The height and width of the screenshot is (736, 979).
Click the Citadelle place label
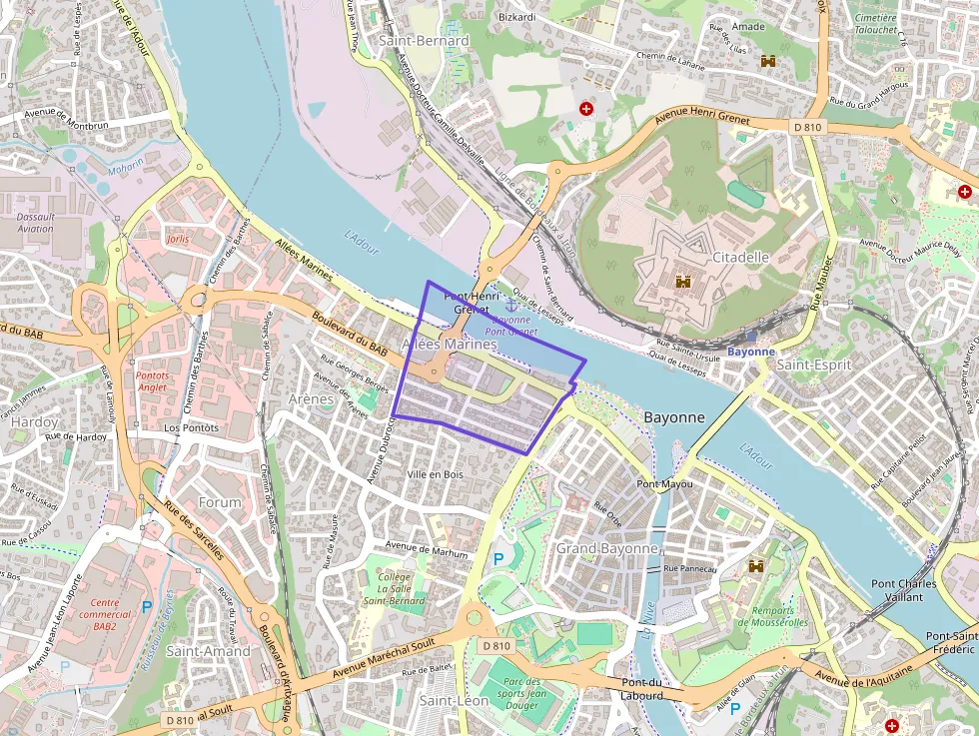[x=740, y=257]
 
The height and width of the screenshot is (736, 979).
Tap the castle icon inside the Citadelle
[x=683, y=283]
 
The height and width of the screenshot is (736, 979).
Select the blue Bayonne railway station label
[x=750, y=353]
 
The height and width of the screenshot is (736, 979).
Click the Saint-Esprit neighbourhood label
[x=813, y=365]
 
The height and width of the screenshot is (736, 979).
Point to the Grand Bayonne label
[x=606, y=548]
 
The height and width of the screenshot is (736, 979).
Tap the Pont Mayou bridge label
[x=664, y=484]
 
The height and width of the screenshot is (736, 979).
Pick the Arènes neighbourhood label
[x=310, y=399]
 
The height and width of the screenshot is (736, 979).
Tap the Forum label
[x=220, y=502]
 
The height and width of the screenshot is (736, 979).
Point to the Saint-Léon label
[x=454, y=701]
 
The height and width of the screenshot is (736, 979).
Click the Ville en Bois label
[x=436, y=474]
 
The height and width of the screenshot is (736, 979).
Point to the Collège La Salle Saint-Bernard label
[x=395, y=589]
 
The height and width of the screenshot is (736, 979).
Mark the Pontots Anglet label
[x=151, y=381]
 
